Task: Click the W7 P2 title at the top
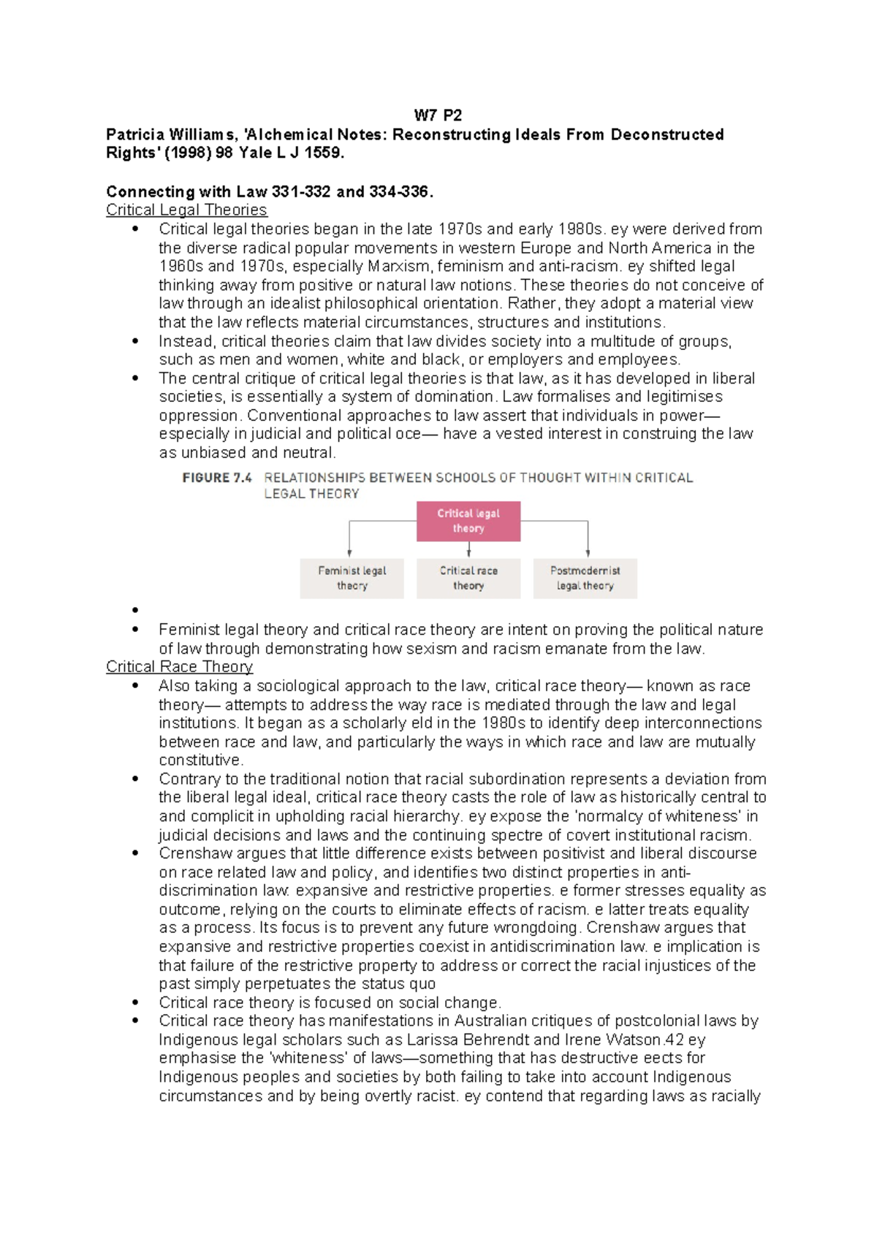click(438, 115)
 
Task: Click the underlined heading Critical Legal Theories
click(186, 210)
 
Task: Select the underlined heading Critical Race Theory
click(179, 667)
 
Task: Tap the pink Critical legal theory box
click(468, 521)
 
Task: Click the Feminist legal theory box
click(352, 579)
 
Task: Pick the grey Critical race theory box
click(468, 579)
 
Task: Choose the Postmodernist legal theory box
click(585, 579)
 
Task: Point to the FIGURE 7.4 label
click(217, 478)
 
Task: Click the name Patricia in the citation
click(135, 134)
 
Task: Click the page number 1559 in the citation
click(322, 153)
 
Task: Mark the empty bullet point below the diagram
click(135, 611)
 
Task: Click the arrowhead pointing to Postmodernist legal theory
click(588, 553)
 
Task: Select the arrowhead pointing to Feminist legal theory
click(349, 553)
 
